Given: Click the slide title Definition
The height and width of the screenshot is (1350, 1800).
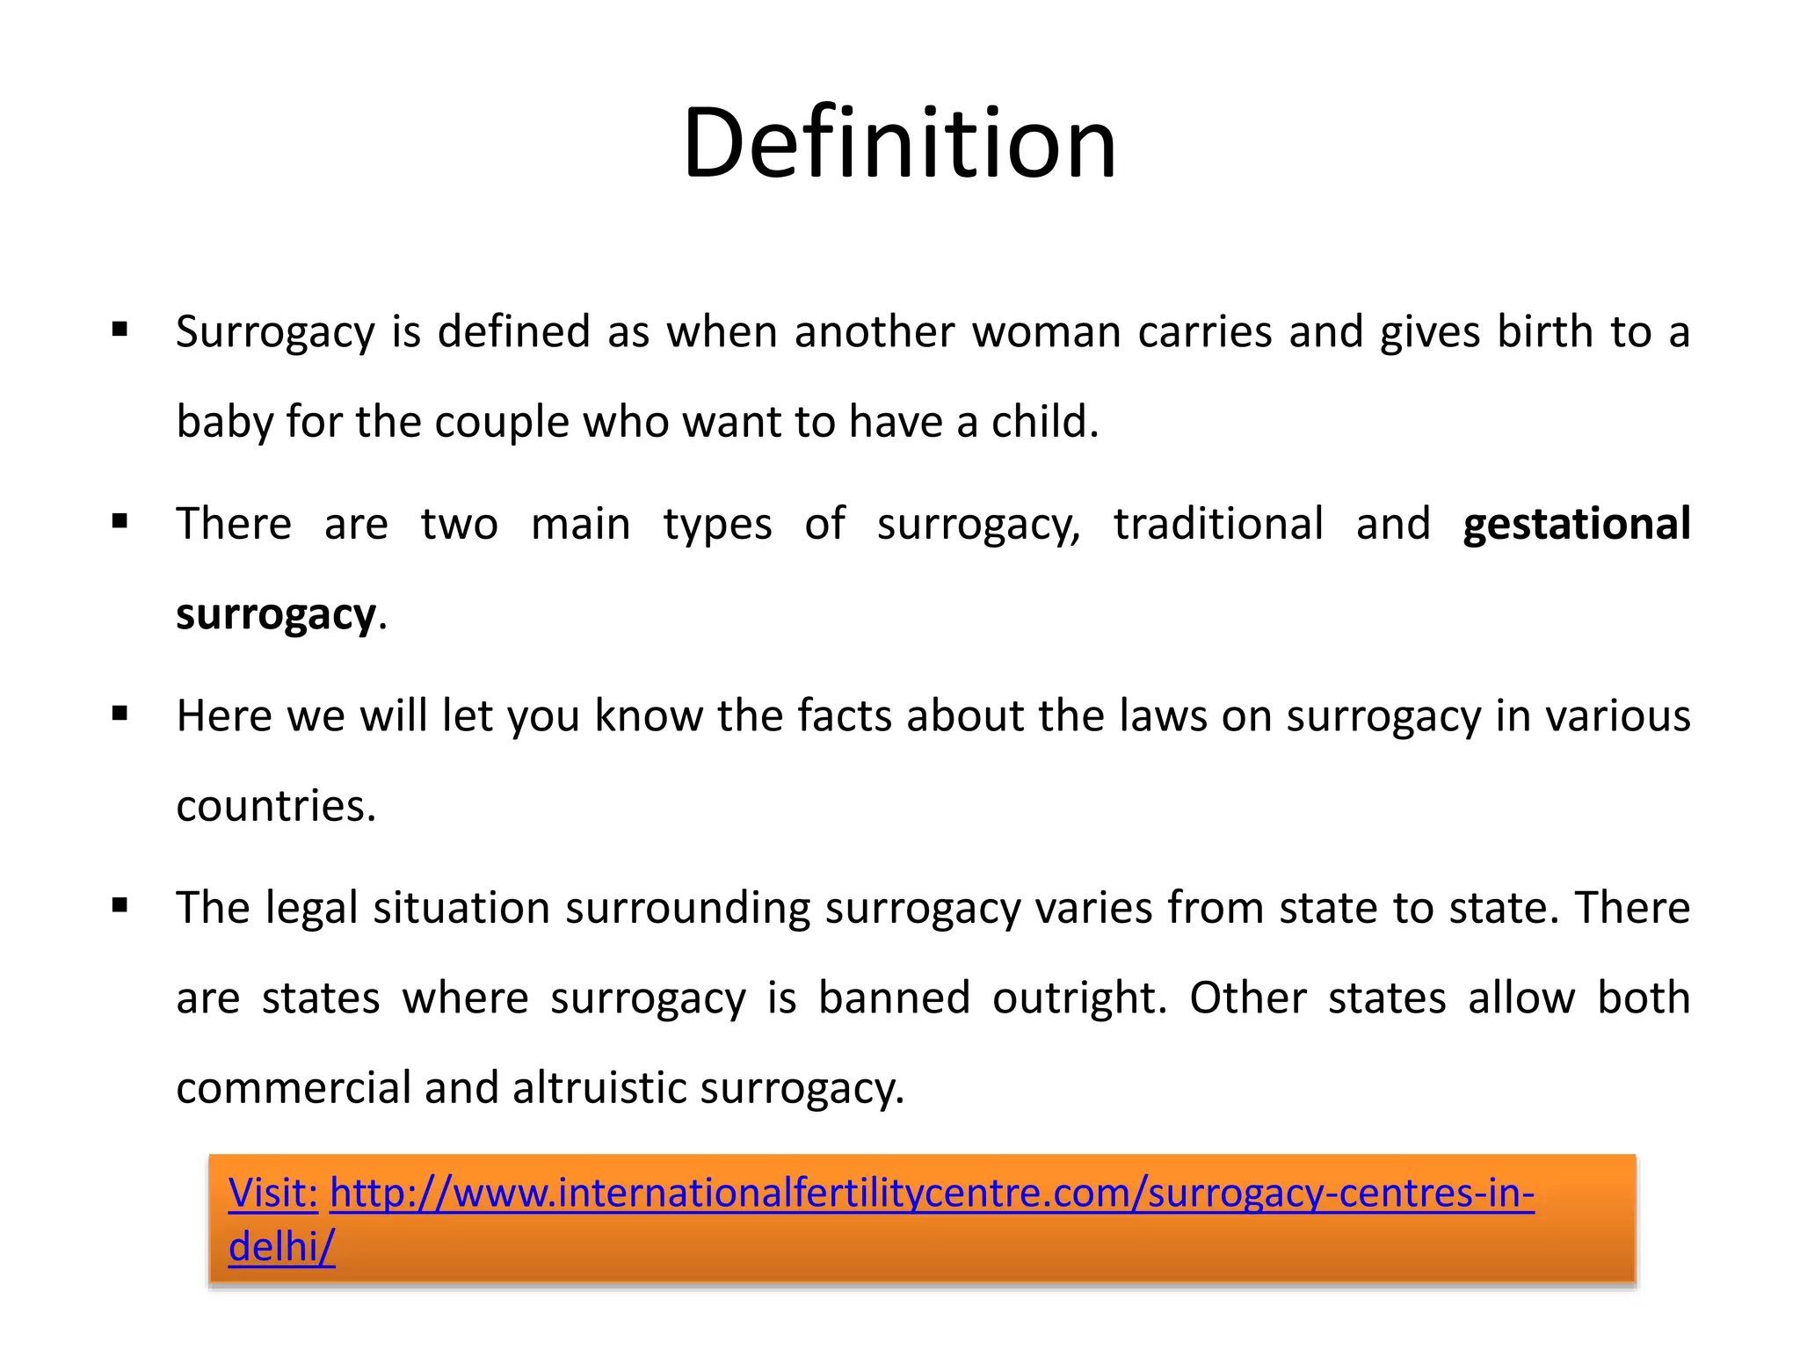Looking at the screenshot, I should coord(899,142).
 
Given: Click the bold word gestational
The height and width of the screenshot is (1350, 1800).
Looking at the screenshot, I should coord(1576,524).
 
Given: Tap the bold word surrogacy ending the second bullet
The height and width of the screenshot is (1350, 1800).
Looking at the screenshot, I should coord(276,614).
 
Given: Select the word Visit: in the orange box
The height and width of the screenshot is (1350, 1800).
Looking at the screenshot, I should coord(272,1193).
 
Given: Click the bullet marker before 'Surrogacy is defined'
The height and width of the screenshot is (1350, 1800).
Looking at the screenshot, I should coord(120,330).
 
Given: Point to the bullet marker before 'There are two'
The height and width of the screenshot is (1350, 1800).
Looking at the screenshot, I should coord(120,522).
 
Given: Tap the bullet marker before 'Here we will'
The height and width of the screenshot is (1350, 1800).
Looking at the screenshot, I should coord(120,714).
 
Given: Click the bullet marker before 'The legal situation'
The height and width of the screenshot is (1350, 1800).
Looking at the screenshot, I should coord(120,905).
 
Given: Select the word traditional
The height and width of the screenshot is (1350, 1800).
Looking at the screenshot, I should coord(1218,524).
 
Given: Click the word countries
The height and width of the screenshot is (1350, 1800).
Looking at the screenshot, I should coord(275,806).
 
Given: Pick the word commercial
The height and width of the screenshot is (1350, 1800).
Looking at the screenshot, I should coord(293,1088).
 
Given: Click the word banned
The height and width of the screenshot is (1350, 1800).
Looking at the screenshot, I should coord(894,998).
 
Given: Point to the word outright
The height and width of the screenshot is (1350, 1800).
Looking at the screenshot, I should coord(1079,998).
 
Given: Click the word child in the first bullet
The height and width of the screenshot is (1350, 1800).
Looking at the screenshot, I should coord(1044,422).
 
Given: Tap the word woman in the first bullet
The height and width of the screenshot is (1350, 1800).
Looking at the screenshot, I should coord(1045,332).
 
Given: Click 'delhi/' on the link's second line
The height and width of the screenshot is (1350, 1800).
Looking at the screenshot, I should coord(281,1246).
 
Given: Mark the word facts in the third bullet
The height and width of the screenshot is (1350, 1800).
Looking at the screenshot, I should coord(845,715).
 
